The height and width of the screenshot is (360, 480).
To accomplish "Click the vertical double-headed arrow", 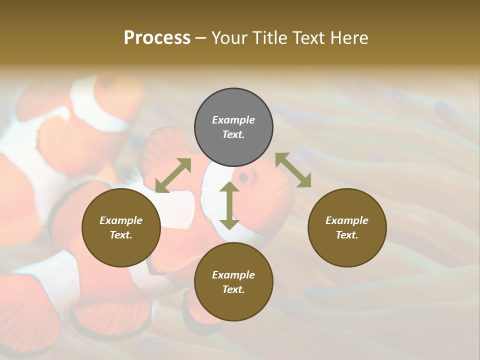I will pos(229,205).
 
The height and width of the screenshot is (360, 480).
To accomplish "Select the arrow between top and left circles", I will pos(173,175).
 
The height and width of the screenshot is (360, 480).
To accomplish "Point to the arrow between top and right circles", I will pos(293,170).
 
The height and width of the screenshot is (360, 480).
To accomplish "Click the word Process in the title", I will pos(157,37).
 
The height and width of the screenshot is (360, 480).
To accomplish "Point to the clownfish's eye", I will pos(243,177).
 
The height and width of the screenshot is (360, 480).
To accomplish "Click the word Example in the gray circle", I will pos(233,120).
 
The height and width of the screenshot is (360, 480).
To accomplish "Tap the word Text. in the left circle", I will pos(121,235).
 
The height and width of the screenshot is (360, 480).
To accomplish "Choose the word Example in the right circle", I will pos(347,220).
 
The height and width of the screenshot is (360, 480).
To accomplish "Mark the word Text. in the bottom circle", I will pos(233,289).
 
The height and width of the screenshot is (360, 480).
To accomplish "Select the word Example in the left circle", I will pos(121,220).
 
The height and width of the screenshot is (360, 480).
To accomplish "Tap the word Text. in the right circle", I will pos(347,235).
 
